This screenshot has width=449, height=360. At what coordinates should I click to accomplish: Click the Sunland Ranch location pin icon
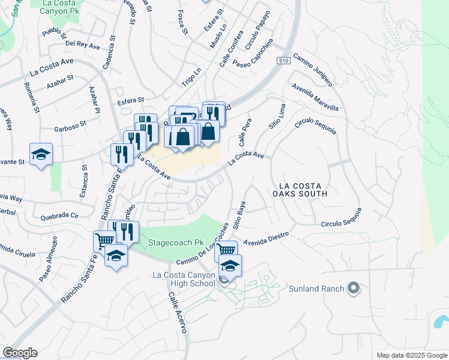pyautogui.click(x=354, y=289)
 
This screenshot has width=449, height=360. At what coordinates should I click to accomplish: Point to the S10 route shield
pyautogui.click(x=284, y=61)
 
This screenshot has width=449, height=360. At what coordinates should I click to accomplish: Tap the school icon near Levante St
pyautogui.click(x=41, y=154)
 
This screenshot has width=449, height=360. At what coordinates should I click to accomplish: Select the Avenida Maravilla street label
pyautogui.click(x=315, y=95)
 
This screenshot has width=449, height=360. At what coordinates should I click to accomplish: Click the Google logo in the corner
pyautogui.click(x=20, y=353)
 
